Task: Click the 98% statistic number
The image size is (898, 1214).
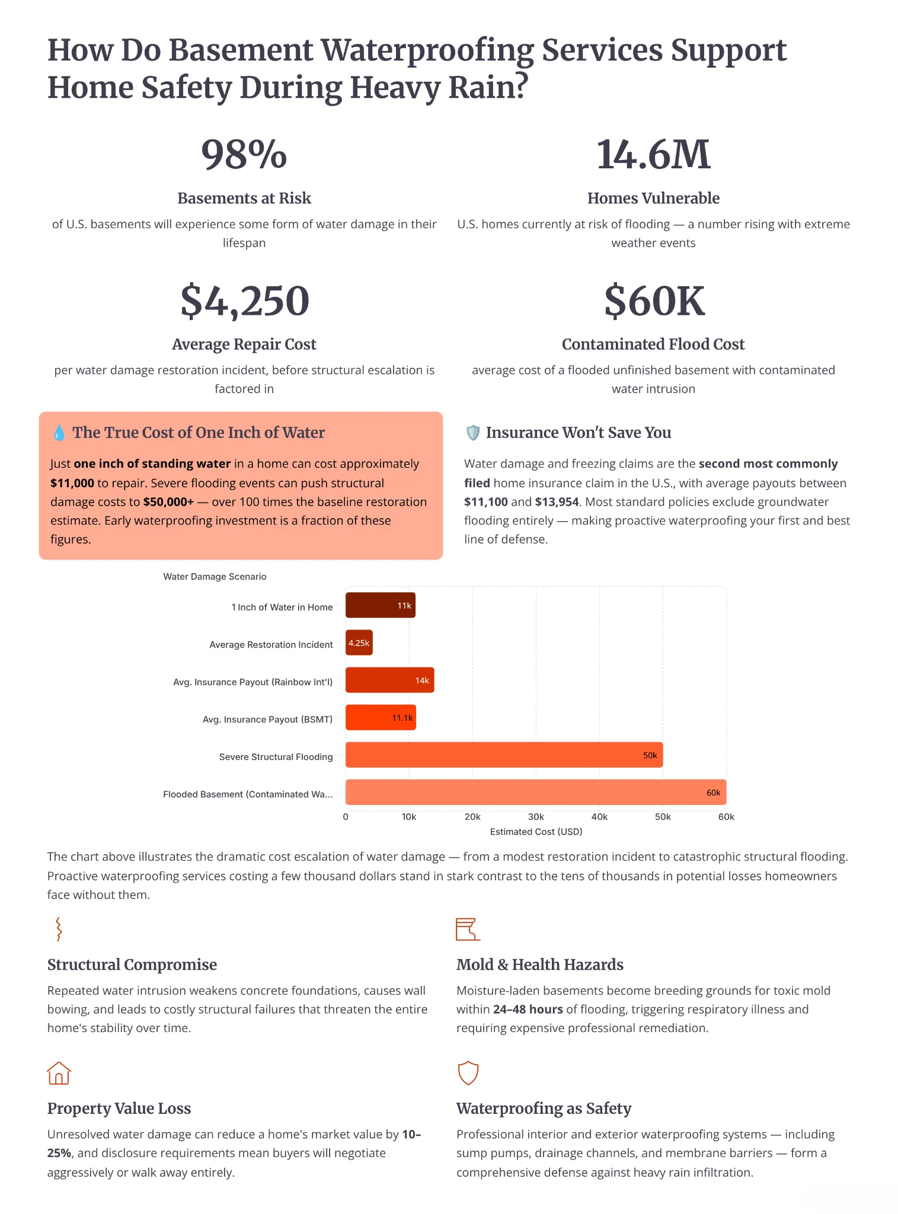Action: coord(244,155)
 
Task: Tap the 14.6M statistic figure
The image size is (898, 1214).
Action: coord(653,155)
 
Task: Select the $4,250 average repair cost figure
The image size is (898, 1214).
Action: coord(244,301)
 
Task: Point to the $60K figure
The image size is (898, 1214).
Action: coord(654,301)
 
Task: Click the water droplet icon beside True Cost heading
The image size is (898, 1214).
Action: coord(59,433)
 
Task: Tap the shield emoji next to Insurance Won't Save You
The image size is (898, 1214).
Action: coord(472,433)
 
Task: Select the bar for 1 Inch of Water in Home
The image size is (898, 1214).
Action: coord(381,605)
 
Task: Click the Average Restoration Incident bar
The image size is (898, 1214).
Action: coord(359,643)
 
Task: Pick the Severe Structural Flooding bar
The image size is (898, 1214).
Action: coord(504,755)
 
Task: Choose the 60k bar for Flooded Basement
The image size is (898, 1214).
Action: coord(536,792)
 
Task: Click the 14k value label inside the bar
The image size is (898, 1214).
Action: coord(422,681)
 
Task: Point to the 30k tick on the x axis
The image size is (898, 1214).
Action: coord(536,817)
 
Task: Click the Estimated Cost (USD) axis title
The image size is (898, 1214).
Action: coord(536,832)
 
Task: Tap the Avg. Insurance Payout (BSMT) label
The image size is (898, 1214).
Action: coord(267,720)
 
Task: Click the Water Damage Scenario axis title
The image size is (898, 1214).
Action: coord(215,577)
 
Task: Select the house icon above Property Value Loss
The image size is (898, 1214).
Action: coord(59,1073)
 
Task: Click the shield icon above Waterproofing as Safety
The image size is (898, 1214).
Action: coord(468,1073)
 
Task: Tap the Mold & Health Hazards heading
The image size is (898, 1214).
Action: coord(540,964)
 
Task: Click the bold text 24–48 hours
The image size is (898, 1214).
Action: coord(528,1009)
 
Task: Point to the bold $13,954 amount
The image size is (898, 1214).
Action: coord(557,502)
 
